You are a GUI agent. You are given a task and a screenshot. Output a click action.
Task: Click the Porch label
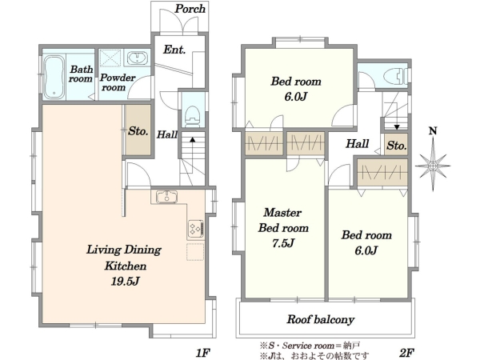click(190, 9)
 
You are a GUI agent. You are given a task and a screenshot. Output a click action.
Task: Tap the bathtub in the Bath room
click(54, 77)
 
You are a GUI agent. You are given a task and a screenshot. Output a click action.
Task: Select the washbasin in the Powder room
click(137, 58)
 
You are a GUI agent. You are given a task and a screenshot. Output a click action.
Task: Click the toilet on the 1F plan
click(193, 116)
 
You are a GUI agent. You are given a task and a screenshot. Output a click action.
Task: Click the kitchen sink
click(166, 197)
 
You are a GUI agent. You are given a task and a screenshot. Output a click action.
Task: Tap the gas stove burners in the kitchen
click(196, 228)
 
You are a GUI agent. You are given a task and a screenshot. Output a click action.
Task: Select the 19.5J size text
click(126, 282)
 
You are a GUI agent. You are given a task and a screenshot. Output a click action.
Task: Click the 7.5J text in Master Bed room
click(283, 243)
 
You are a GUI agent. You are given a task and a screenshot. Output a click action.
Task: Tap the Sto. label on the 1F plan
click(138, 131)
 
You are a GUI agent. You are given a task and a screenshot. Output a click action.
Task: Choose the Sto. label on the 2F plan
click(397, 146)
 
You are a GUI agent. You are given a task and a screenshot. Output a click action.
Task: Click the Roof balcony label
click(321, 319)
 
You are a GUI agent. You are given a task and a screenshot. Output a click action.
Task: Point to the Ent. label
click(174, 50)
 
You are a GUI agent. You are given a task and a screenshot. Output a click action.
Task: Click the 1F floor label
click(202, 353)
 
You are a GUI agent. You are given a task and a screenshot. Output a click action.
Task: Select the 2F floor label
click(406, 353)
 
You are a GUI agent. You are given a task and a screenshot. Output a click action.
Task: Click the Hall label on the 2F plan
click(358, 143)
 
